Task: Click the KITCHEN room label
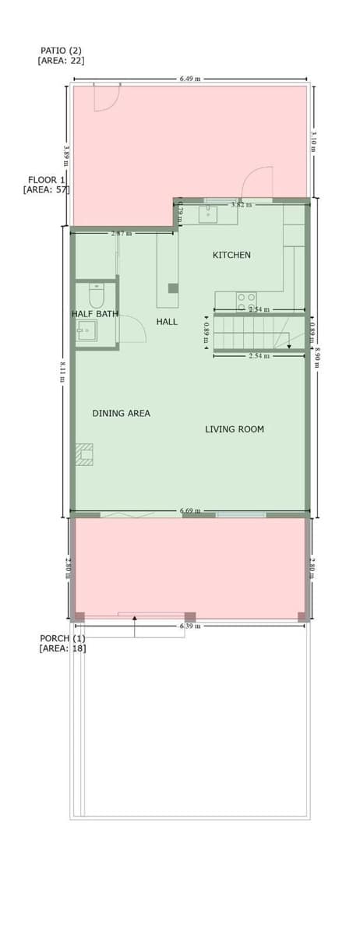pos(231,255)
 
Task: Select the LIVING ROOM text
pos(235,429)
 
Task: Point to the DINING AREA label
pos(121,413)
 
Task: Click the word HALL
pos(167,321)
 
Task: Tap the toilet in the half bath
pos(97,296)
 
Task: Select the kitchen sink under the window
pos(208,213)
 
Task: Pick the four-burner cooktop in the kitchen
pos(246,299)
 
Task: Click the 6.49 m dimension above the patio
pos(190,79)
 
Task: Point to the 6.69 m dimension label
pos(190,511)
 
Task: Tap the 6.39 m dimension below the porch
pos(190,626)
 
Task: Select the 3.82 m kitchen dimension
pos(241,204)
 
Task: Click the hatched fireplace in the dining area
pos(84,454)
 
